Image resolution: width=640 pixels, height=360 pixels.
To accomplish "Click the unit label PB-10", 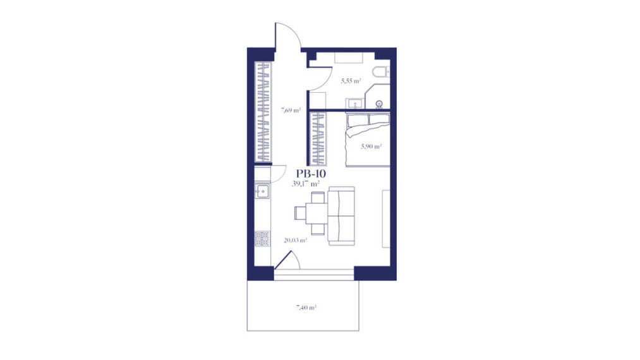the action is [311, 174].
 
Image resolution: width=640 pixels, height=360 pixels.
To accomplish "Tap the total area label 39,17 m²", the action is [306, 184].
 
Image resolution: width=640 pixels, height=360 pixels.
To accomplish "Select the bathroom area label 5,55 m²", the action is [351, 81].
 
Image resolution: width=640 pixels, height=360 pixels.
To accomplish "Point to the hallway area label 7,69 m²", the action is [291, 110].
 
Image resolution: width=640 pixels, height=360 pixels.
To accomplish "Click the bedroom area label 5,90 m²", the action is [371, 146].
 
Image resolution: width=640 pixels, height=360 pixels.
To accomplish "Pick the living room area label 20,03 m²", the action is [296, 241].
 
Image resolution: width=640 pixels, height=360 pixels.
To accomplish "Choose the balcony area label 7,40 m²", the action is [306, 308].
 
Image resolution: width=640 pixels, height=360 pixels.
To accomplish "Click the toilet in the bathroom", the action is [381, 72].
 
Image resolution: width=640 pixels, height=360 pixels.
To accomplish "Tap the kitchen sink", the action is [262, 191].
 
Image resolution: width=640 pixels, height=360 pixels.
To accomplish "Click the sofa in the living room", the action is [341, 216].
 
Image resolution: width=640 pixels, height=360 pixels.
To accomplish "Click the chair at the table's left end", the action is [300, 213].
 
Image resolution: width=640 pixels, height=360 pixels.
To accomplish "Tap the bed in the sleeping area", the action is [368, 140].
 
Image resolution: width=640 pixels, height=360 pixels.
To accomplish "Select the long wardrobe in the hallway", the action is [263, 111].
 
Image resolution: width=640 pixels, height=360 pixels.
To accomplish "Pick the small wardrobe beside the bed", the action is [318, 139].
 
